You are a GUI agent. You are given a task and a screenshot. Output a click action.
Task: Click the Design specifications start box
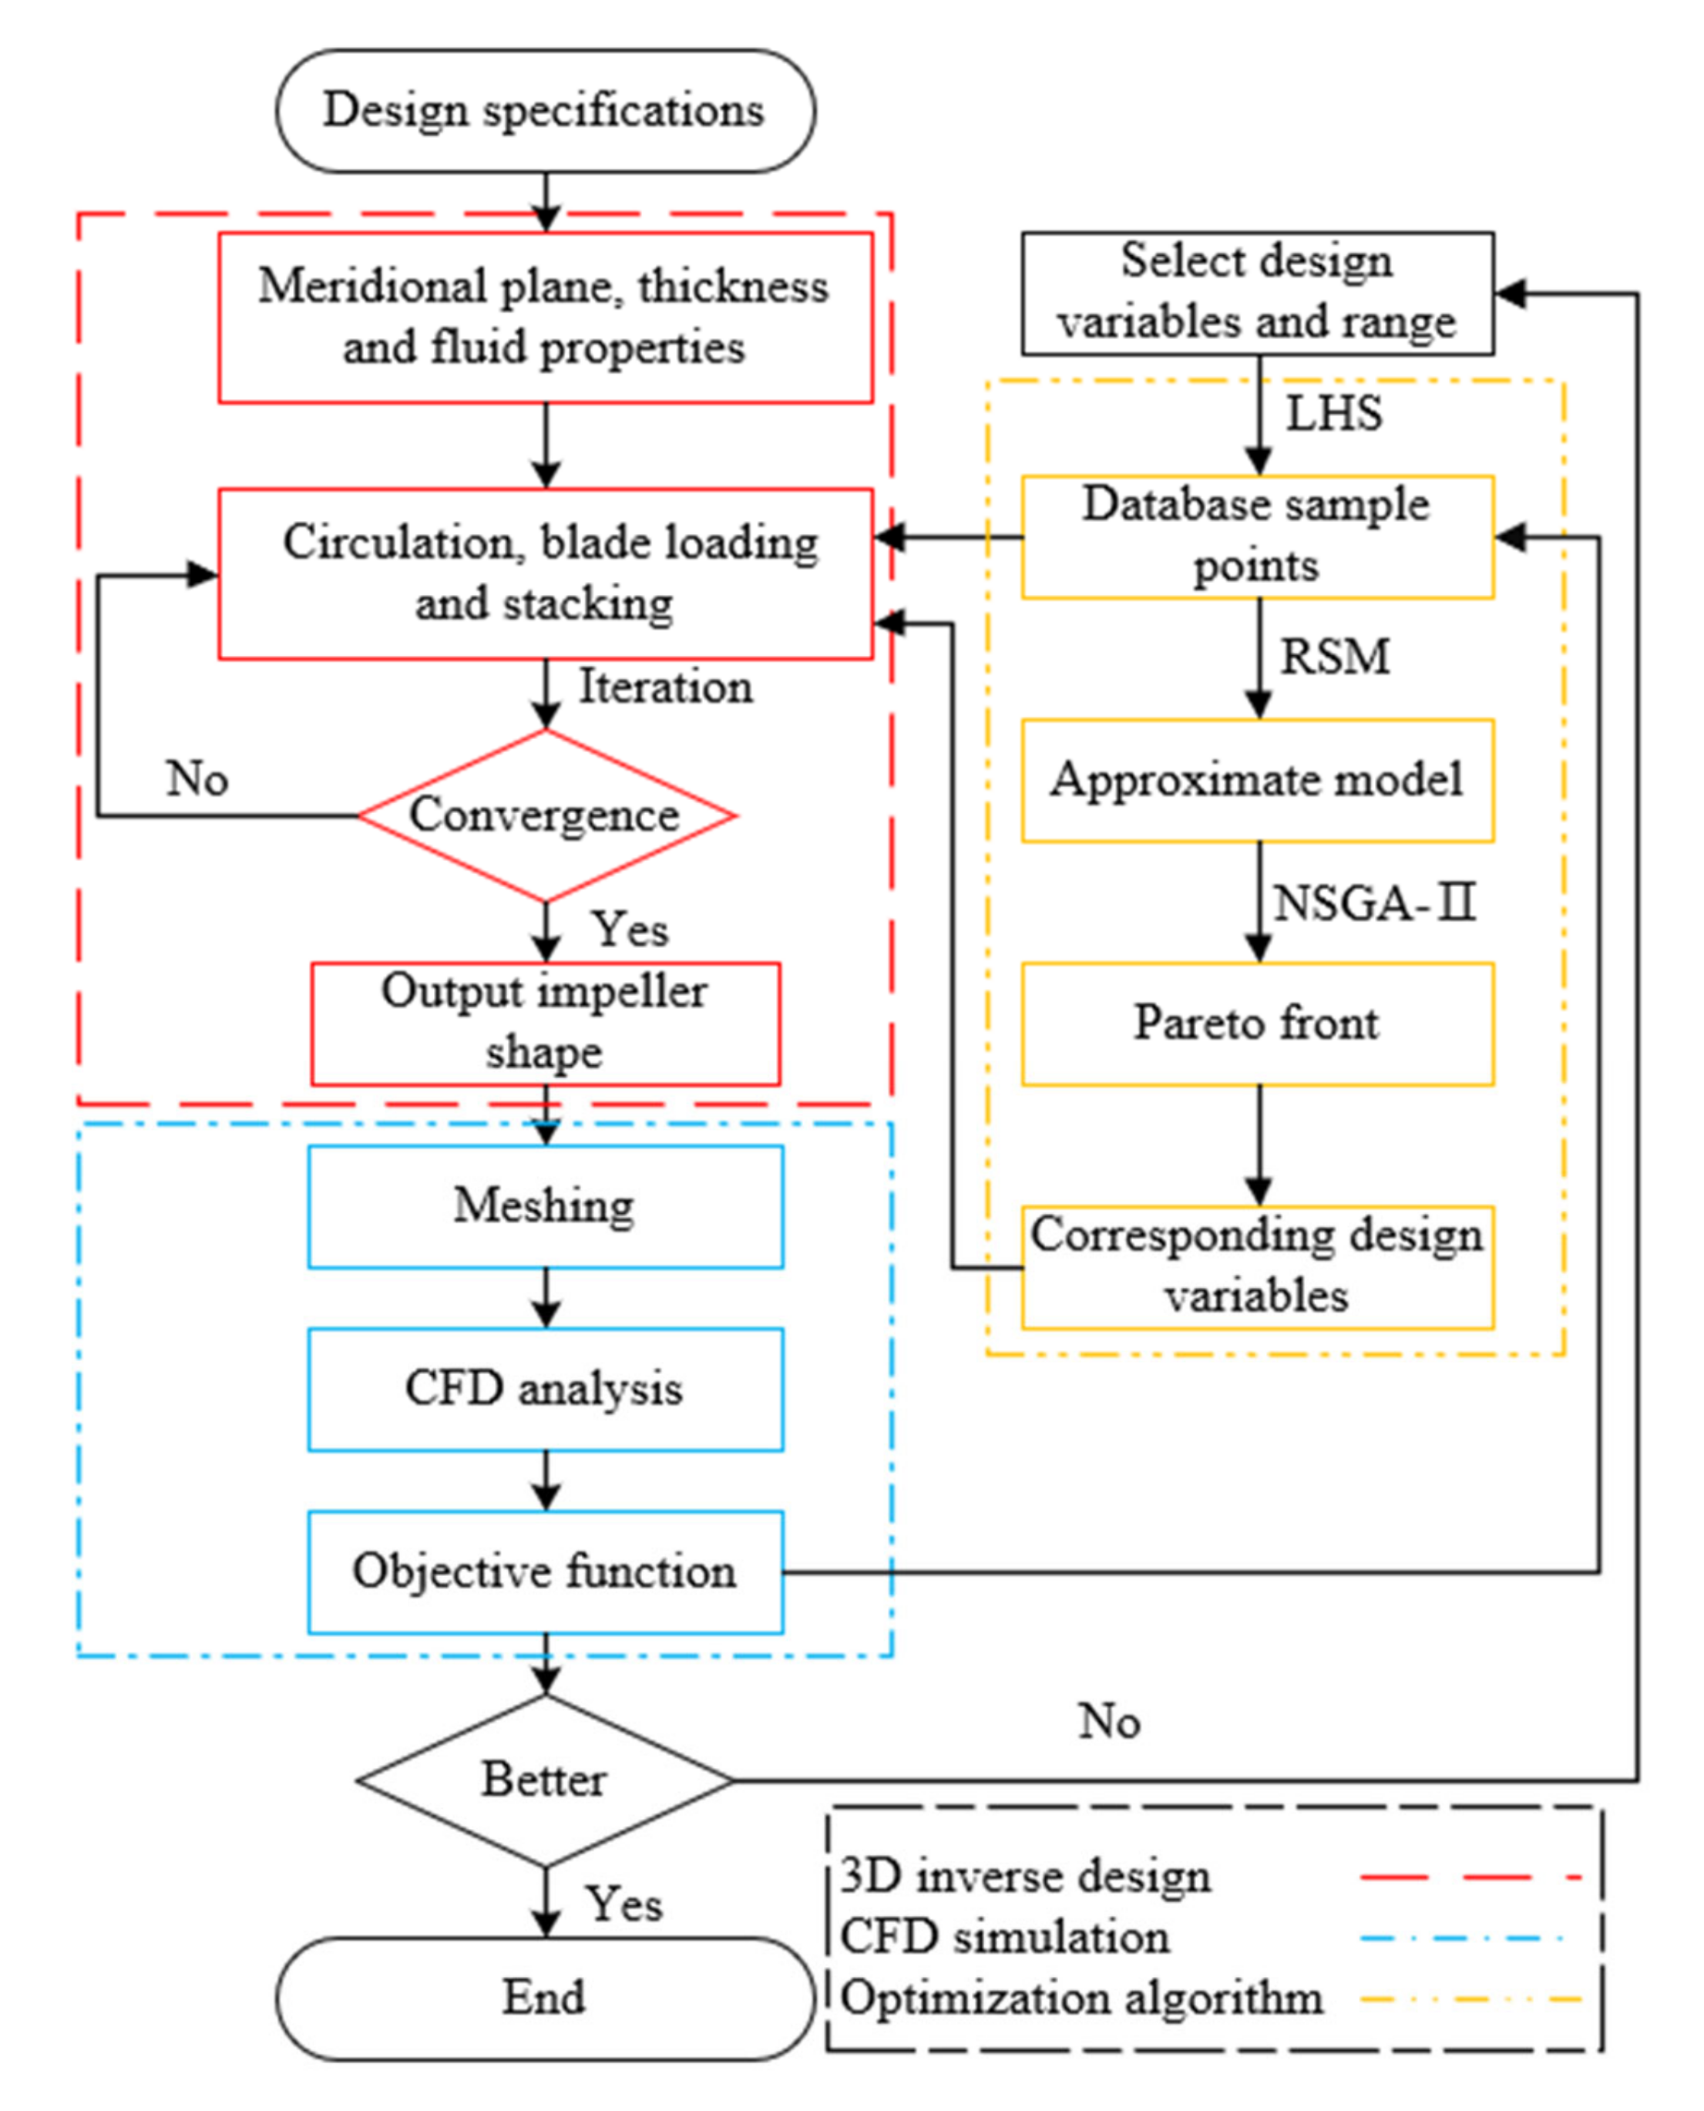(x=545, y=111)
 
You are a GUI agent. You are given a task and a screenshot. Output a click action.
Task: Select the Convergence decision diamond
(x=545, y=815)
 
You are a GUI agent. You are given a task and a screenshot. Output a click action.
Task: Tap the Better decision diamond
(x=545, y=1780)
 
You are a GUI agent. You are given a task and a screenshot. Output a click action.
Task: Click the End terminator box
(x=545, y=1997)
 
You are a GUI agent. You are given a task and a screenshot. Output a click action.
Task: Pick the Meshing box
(x=545, y=1206)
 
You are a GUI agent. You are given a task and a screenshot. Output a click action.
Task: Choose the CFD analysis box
(x=545, y=1389)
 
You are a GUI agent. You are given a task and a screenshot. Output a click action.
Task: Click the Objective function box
(x=545, y=1571)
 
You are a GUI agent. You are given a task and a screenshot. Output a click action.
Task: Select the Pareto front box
(x=1258, y=1023)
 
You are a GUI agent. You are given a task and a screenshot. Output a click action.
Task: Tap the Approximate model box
(x=1258, y=780)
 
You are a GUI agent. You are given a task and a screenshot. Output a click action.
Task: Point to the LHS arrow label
(x=1334, y=413)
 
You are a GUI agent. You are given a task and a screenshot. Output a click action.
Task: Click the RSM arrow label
(x=1335, y=657)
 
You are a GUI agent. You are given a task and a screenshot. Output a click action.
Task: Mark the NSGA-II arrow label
(x=1373, y=903)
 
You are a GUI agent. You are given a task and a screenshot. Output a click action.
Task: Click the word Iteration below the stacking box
(x=666, y=686)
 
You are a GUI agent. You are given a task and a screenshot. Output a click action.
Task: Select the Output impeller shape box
(x=545, y=1022)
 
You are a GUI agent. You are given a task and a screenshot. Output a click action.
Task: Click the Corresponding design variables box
(x=1258, y=1266)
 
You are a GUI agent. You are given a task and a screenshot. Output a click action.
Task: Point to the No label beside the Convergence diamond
(x=197, y=778)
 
